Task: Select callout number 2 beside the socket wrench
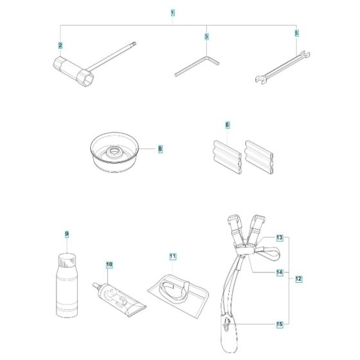click(x=60, y=45)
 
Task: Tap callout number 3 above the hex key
click(x=206, y=37)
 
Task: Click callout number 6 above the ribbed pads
click(x=227, y=124)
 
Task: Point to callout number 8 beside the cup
click(x=159, y=148)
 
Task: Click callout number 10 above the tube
click(x=109, y=264)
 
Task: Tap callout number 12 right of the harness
click(x=298, y=278)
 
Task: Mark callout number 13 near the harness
click(x=280, y=238)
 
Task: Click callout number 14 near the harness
click(x=280, y=272)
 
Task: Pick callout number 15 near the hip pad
click(x=280, y=325)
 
